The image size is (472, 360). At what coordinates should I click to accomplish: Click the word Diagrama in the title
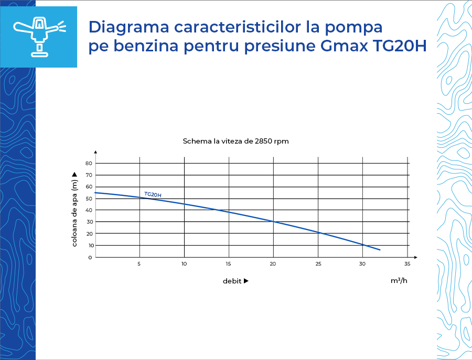point(129,27)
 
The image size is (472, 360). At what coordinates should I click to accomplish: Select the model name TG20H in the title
point(400,46)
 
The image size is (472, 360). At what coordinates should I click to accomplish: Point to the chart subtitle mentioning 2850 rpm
point(235,141)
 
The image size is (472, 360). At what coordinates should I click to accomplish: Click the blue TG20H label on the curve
point(153,194)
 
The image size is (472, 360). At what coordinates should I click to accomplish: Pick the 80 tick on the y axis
point(89,163)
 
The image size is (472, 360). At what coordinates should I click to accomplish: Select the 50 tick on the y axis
point(89,199)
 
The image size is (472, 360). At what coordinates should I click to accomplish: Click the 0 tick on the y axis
point(90,257)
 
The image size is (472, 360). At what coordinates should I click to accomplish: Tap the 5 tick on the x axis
point(139,264)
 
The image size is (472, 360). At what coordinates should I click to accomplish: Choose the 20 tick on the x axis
point(273,264)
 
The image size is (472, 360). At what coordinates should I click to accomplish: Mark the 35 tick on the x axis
point(407,264)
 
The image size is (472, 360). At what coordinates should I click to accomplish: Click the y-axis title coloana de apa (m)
point(74,213)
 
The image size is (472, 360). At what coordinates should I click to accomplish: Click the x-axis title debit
point(232,281)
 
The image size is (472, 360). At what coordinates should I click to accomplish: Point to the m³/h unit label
point(399,280)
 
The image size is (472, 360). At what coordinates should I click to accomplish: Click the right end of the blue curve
point(380,249)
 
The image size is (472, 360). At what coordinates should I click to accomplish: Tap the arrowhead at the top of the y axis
point(95,152)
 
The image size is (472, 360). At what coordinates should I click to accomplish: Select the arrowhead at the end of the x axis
point(416,257)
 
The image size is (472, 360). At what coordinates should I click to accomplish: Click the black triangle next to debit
point(246,281)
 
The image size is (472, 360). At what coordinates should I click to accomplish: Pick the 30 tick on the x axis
point(362,264)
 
